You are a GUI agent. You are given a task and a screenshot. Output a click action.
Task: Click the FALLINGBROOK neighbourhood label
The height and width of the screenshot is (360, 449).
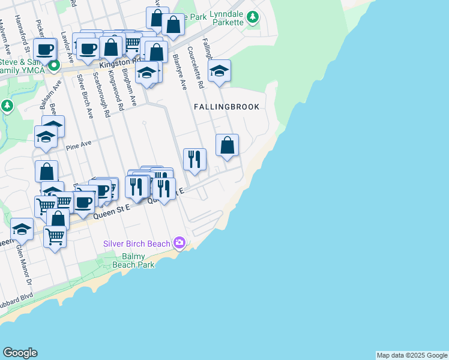coord(226,107)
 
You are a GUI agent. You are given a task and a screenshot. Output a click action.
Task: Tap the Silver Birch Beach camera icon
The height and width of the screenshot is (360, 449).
coord(179,243)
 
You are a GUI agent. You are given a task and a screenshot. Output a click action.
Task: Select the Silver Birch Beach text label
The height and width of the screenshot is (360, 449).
coord(137,244)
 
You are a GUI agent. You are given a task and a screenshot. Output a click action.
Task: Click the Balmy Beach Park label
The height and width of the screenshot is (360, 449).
coord(134,260)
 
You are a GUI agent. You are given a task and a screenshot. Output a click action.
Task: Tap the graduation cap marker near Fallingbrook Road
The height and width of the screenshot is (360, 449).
coord(219,71)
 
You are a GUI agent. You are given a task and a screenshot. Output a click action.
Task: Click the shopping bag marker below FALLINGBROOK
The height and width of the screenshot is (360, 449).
coord(227,145)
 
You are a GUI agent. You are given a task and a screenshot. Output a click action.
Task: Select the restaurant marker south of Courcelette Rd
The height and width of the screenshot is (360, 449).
coord(194,159)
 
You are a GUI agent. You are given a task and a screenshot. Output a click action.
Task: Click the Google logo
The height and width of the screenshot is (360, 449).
coord(20,353)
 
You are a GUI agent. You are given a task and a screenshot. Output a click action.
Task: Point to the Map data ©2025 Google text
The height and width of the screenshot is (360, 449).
coord(412,355)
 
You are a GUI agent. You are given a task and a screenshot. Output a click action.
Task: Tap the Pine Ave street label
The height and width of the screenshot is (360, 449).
coord(79,144)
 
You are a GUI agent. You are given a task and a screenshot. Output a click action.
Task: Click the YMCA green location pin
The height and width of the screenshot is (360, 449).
coord(53,65)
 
